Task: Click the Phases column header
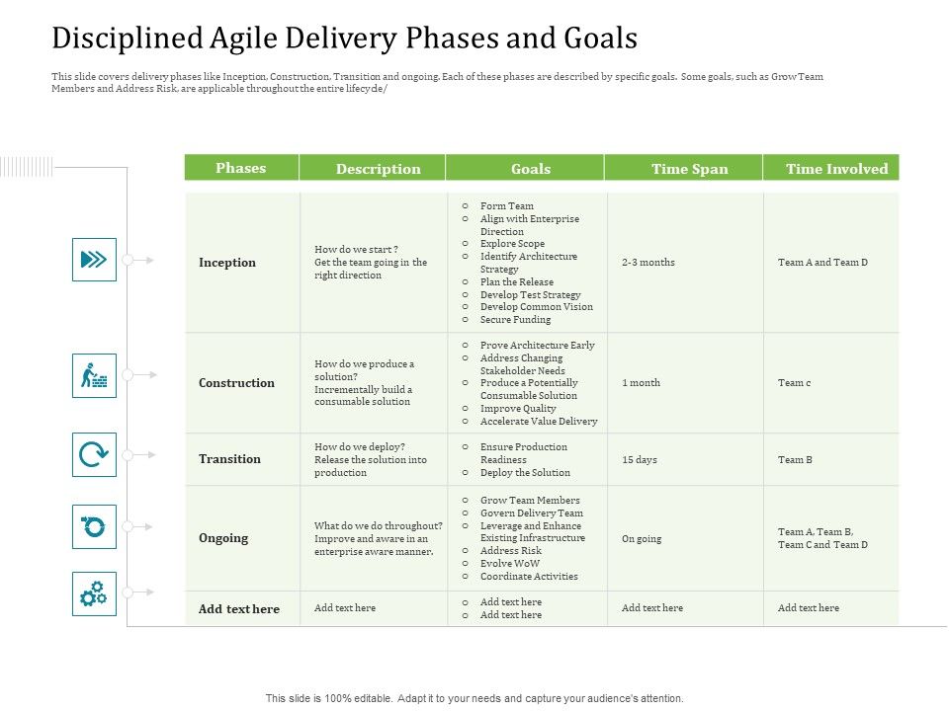click(241, 168)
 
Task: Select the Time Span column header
click(689, 169)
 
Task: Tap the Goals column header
click(531, 169)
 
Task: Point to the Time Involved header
click(836, 169)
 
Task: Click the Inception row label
click(227, 263)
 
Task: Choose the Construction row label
click(236, 383)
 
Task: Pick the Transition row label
click(229, 459)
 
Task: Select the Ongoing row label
click(223, 538)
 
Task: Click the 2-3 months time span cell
click(648, 263)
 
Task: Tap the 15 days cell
click(640, 460)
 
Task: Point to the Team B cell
click(795, 460)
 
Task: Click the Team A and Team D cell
click(822, 263)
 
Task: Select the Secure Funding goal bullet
click(515, 320)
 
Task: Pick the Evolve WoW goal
click(510, 564)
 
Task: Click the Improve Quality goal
click(518, 408)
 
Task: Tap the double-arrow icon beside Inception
click(94, 260)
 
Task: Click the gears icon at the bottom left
click(94, 593)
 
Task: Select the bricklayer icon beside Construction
click(94, 376)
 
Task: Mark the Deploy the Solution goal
click(525, 473)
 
